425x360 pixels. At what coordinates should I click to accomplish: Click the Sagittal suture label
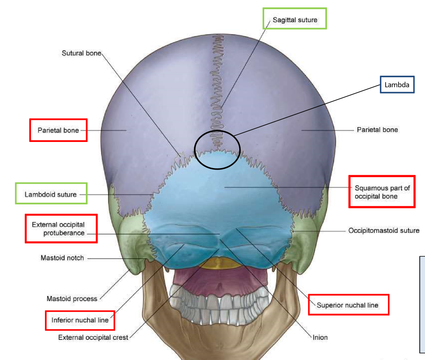click(x=295, y=20)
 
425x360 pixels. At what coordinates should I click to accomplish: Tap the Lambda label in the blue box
click(x=397, y=84)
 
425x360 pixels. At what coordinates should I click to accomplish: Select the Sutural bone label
click(x=81, y=53)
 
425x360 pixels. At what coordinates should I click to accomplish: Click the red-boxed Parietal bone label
click(x=58, y=130)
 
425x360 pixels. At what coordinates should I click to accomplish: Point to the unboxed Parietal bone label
click(x=377, y=129)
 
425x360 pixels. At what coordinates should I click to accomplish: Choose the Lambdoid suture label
click(x=51, y=194)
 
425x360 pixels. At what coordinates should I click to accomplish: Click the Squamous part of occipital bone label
click(x=382, y=192)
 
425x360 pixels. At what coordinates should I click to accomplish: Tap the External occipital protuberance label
click(x=59, y=229)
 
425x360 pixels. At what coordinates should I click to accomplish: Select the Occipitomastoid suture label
click(x=384, y=231)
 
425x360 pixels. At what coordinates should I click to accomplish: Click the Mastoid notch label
click(x=62, y=258)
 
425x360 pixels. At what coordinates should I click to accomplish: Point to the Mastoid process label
click(x=72, y=299)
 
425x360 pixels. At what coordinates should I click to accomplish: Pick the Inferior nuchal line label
click(x=80, y=320)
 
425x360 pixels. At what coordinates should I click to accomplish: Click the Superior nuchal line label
click(x=347, y=305)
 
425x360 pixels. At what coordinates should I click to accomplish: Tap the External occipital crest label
click(x=93, y=337)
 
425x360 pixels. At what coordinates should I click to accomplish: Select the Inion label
click(x=320, y=337)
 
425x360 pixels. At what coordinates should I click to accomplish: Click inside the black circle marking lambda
click(x=217, y=150)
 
